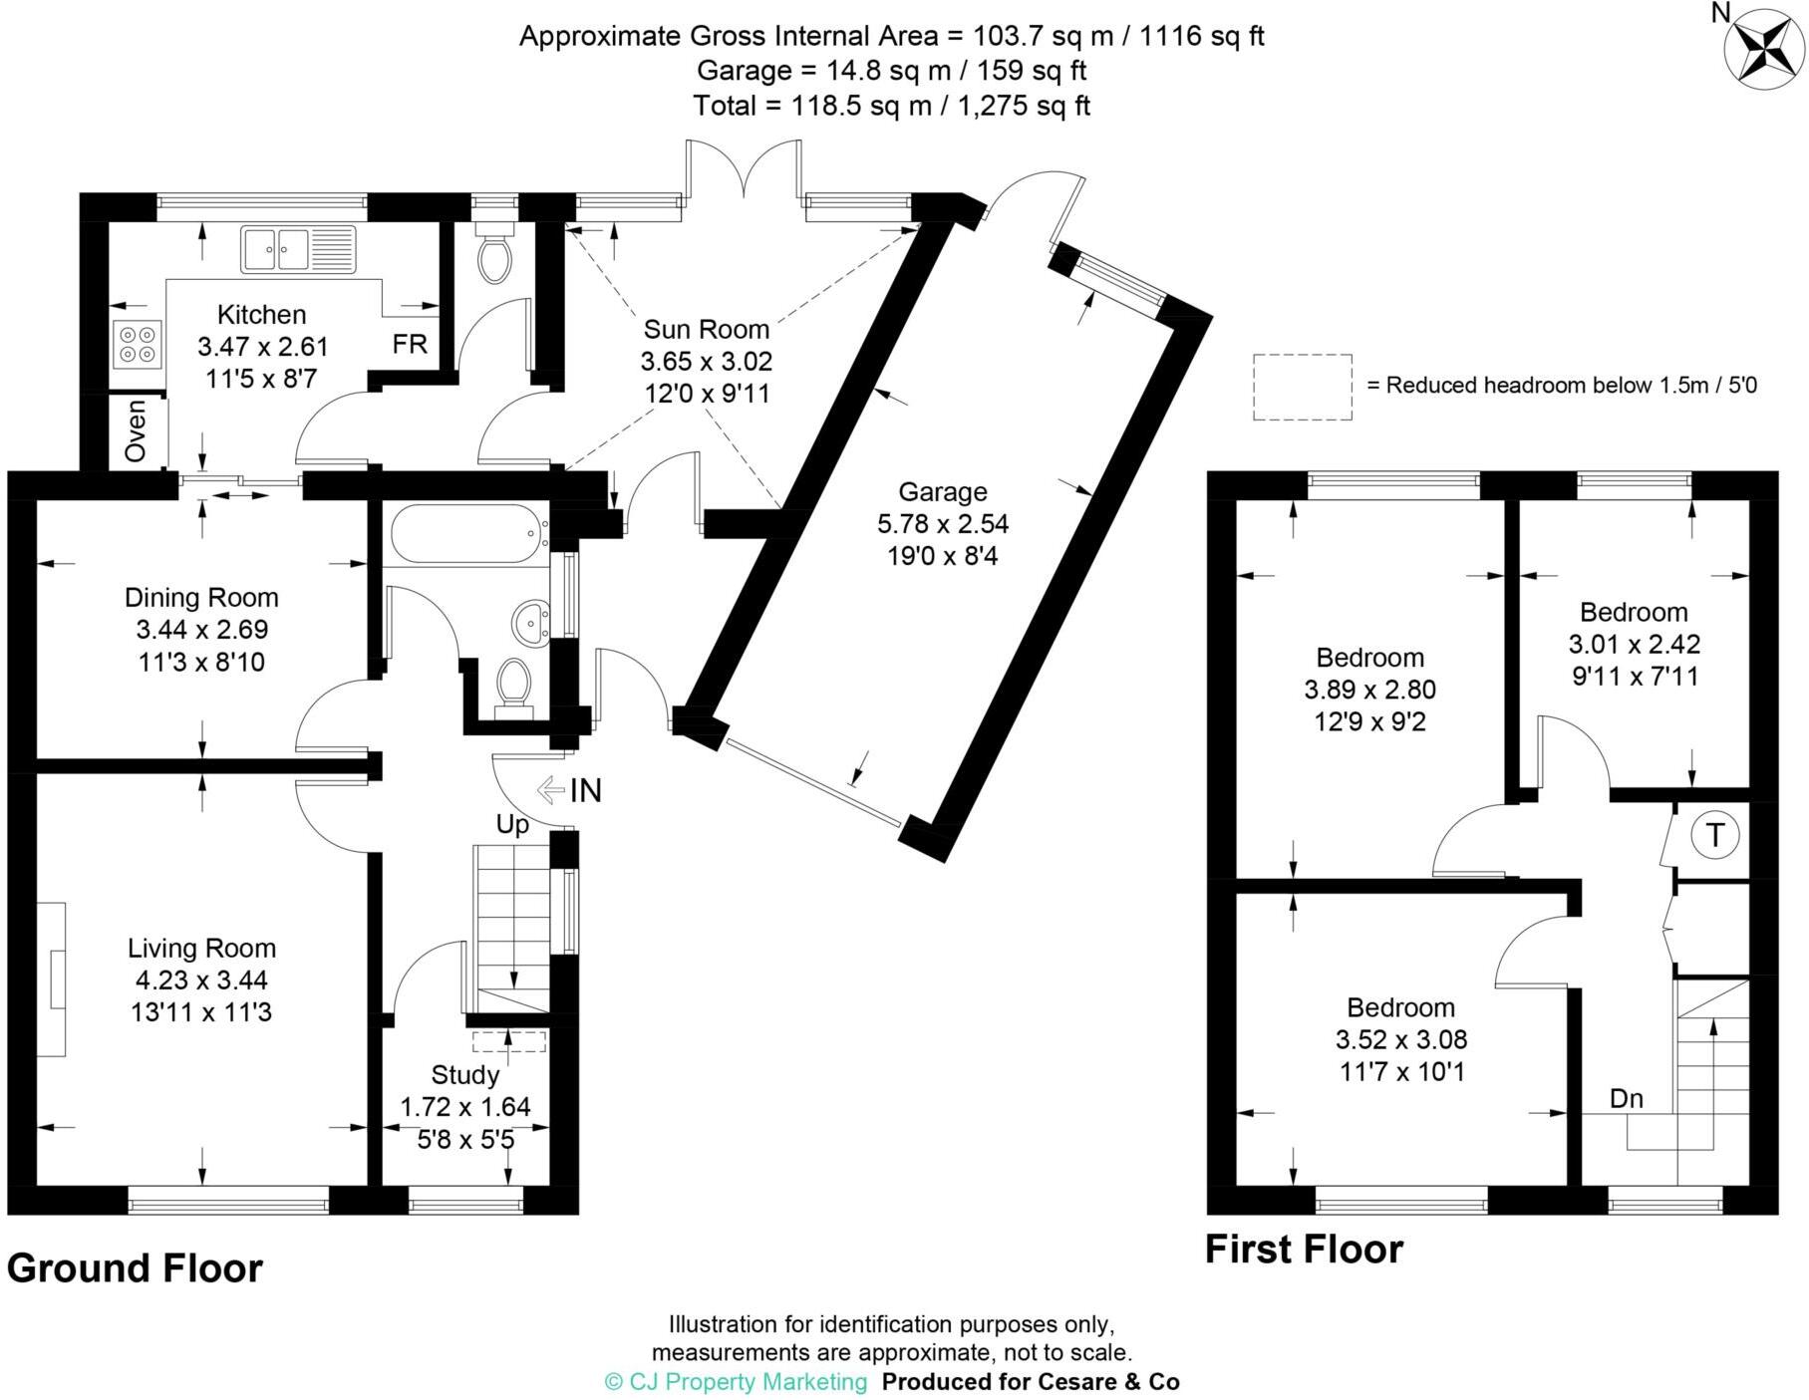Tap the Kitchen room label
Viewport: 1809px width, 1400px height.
(x=261, y=315)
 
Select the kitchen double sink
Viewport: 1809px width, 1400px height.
(x=297, y=249)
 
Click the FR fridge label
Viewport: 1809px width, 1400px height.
(x=410, y=344)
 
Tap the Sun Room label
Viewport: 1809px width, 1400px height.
(x=706, y=329)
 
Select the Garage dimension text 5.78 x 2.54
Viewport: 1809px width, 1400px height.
(x=942, y=523)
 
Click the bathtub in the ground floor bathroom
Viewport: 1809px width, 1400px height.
(x=464, y=534)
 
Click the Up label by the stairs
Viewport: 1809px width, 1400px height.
(x=512, y=825)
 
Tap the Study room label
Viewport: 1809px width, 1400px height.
(x=464, y=1075)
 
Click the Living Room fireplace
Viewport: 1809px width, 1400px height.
(x=55, y=980)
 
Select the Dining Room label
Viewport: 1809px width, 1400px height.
(x=201, y=598)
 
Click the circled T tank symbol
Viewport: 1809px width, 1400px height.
(x=1714, y=835)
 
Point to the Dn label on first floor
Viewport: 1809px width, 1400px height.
(x=1627, y=1098)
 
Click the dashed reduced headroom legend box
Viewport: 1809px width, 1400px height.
(x=1302, y=387)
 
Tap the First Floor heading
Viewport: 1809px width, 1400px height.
(x=1304, y=1250)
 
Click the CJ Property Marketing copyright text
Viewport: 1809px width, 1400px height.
(x=736, y=1382)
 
